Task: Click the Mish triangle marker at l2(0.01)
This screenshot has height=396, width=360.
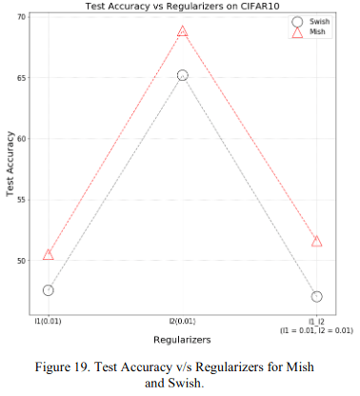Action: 182,30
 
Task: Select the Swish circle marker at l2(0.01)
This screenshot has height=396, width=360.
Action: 182,74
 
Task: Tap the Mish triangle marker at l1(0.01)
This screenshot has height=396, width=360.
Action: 48,254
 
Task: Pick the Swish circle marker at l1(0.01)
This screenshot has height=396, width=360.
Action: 48,289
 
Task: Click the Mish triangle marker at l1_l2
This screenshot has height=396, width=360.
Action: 316,241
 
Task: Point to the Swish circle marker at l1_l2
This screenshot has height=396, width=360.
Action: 316,296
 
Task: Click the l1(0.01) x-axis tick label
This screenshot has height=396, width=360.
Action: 48,321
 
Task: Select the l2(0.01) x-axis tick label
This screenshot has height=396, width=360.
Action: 182,321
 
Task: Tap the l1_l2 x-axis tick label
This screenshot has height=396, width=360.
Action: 316,321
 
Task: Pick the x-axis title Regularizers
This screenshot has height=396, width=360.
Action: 182,338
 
